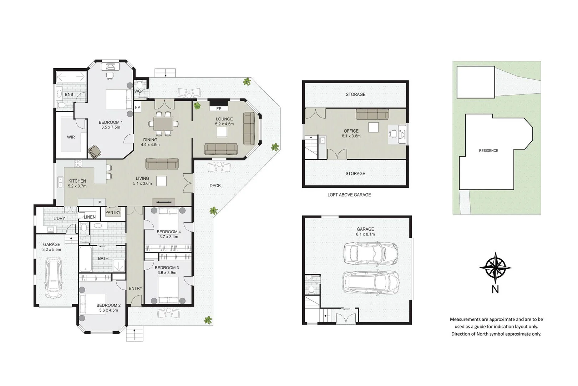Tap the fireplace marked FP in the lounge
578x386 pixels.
219,106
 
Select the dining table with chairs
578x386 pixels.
163,124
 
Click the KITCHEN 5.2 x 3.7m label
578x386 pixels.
77,183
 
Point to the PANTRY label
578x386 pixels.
113,212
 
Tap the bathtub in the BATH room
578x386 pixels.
85,259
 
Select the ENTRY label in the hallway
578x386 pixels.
135,288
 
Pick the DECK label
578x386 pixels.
215,185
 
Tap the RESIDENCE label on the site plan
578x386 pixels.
488,151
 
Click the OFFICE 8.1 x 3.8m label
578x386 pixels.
351,133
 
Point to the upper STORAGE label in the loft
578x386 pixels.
355,94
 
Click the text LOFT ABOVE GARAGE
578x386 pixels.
349,195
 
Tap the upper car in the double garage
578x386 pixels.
370,253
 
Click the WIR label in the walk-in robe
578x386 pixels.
71,137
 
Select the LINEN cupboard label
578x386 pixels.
90,217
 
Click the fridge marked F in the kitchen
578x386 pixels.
100,203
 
